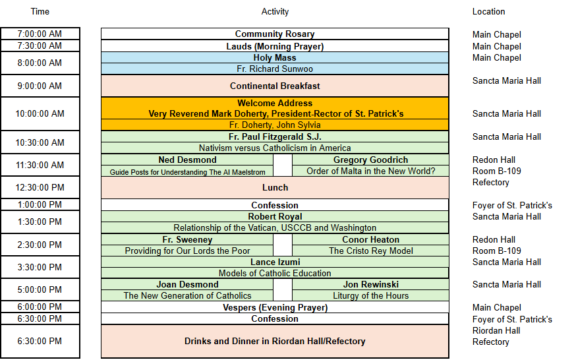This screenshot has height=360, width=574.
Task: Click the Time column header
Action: pyautogui.click(x=40, y=12)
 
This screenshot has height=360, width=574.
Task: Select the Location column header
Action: pyautogui.click(x=488, y=12)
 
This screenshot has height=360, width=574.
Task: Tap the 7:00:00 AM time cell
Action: pyautogui.click(x=40, y=34)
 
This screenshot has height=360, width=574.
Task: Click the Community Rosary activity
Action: pyautogui.click(x=275, y=34)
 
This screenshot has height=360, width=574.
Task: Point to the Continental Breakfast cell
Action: pyautogui.click(x=275, y=86)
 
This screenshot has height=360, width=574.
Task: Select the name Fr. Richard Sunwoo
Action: pyautogui.click(x=275, y=69)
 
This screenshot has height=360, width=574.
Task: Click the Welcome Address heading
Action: pyautogui.click(x=275, y=103)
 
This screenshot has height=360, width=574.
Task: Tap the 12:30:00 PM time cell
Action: pyautogui.click(x=40, y=187)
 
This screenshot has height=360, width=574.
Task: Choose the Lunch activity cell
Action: pyautogui.click(x=275, y=187)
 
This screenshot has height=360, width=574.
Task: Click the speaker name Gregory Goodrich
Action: pyautogui.click(x=370, y=160)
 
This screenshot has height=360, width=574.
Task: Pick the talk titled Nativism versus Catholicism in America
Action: pyautogui.click(x=275, y=148)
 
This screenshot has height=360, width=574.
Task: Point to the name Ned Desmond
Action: pyautogui.click(x=187, y=160)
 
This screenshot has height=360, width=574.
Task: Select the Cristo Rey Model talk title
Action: pyautogui.click(x=370, y=251)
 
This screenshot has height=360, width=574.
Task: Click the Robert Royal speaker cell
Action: pyautogui.click(x=275, y=216)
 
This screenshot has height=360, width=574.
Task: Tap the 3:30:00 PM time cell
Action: pyautogui.click(x=40, y=267)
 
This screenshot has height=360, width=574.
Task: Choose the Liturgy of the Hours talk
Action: pyautogui.click(x=370, y=295)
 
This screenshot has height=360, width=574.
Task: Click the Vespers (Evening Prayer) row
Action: pyautogui.click(x=275, y=307)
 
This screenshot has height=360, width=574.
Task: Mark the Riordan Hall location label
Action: pyautogui.click(x=496, y=331)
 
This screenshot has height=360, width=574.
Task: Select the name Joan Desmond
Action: pyautogui.click(x=187, y=285)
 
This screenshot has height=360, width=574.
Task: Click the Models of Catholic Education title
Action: pyautogui.click(x=275, y=273)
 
